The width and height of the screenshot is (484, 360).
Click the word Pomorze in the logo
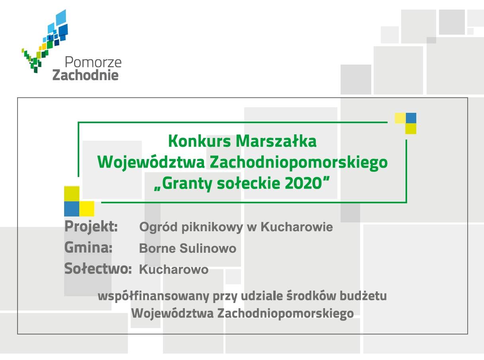click(93, 62)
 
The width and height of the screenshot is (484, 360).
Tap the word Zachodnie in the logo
click(86, 75)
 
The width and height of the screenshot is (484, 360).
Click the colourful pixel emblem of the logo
click(45, 41)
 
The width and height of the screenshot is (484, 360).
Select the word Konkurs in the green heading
click(200, 142)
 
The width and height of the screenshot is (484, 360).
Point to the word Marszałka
click(276, 142)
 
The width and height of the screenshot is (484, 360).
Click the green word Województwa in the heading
click(151, 163)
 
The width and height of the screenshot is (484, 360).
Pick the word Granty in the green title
click(187, 184)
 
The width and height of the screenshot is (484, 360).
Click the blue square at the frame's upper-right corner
click(411, 118)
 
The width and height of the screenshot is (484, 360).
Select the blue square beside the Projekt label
click(72, 209)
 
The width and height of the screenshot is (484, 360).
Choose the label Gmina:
click(88, 247)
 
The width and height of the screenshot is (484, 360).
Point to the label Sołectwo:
click(98, 268)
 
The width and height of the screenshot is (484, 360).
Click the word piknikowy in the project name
click(212, 227)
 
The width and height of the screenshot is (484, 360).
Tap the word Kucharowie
click(297, 227)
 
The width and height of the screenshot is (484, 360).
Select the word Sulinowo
click(208, 248)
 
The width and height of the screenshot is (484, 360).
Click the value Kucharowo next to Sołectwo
click(174, 270)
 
